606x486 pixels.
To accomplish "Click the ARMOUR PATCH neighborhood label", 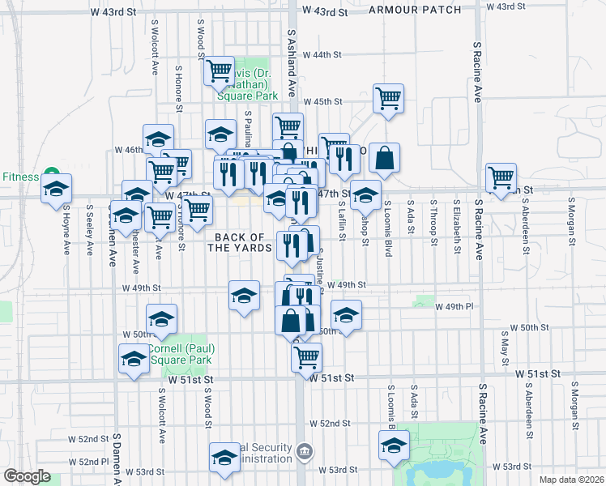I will click(x=414, y=10).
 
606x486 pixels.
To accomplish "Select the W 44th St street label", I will click(x=322, y=55).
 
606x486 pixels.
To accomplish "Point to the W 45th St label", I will click(x=323, y=101).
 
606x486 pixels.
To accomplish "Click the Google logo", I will click(x=27, y=476).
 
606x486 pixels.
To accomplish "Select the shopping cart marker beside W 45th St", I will click(x=389, y=99).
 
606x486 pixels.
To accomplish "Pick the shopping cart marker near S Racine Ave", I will click(x=501, y=176).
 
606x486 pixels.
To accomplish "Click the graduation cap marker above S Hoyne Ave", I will click(x=56, y=189).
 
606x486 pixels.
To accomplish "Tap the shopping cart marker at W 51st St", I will click(x=306, y=356).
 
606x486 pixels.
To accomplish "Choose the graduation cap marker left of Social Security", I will click(x=224, y=457).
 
